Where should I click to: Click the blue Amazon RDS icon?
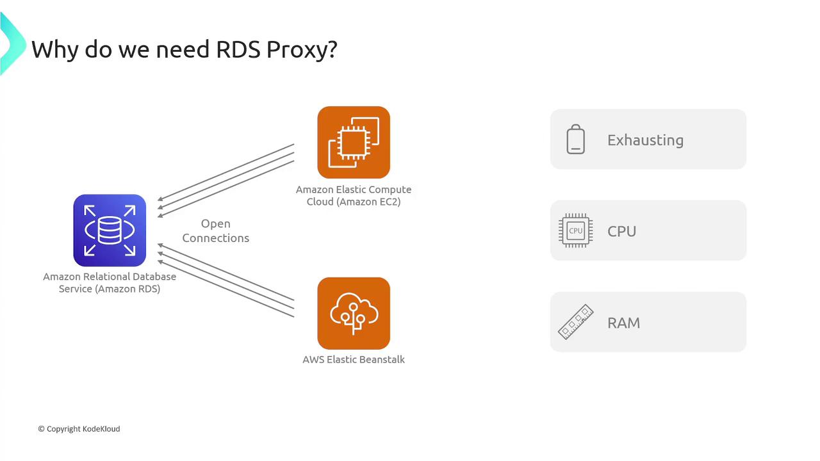[x=110, y=230]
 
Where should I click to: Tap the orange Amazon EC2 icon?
[x=354, y=142]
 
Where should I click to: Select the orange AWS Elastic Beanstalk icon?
[x=354, y=313]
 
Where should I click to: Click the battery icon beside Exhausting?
[x=575, y=140]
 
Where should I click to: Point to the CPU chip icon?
[x=575, y=230]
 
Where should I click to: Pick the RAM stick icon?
[x=575, y=322]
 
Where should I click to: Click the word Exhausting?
[x=645, y=140]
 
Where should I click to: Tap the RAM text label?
[x=623, y=323]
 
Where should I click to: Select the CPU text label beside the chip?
[x=621, y=231]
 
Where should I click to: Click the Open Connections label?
[x=215, y=230]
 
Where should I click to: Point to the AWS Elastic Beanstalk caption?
[x=354, y=359]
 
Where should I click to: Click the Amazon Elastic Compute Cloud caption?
[x=354, y=195]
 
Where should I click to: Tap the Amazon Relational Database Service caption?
[x=110, y=282]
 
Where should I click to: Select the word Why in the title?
[x=56, y=49]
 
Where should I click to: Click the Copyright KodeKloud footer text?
[x=79, y=428]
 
